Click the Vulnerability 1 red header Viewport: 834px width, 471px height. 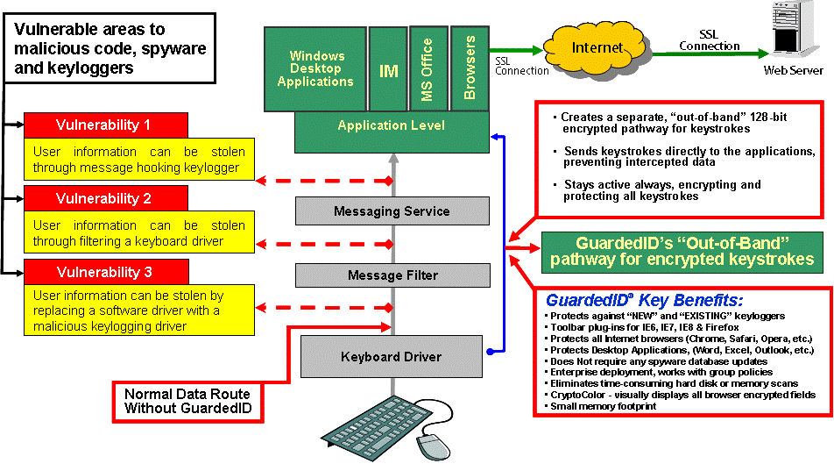click(x=105, y=125)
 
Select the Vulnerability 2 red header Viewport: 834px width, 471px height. click(x=105, y=198)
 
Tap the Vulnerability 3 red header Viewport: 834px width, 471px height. click(x=105, y=271)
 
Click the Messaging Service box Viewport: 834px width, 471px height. click(x=392, y=211)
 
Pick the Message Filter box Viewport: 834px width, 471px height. click(x=392, y=275)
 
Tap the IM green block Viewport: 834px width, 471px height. click(x=389, y=71)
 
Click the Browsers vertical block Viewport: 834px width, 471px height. click(x=470, y=67)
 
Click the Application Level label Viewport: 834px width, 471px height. click(x=392, y=126)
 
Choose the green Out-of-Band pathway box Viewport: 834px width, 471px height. click(x=682, y=252)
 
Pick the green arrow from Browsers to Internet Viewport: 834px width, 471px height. click(x=516, y=50)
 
